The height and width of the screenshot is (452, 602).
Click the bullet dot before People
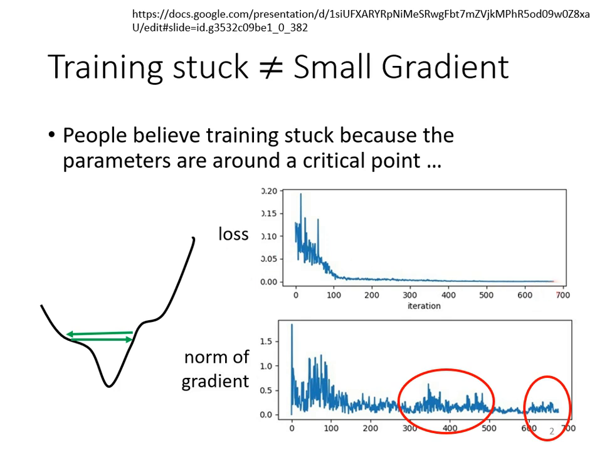tap(53, 137)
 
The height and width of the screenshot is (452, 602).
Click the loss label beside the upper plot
tap(233, 235)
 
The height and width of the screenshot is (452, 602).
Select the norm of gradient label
tap(215, 369)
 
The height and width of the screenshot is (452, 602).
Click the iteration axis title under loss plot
tap(424, 306)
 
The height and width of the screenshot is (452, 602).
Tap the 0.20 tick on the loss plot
tap(269, 191)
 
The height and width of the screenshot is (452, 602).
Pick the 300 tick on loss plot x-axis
tap(410, 295)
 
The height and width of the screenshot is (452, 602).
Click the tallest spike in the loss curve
tap(301, 195)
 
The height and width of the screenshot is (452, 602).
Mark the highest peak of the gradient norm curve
tap(292, 325)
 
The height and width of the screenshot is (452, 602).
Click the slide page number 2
tap(552, 431)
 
